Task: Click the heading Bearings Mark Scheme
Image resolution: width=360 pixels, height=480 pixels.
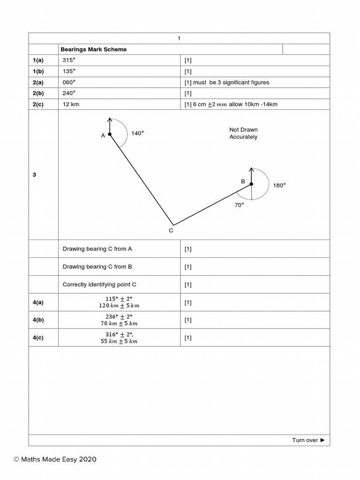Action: pyautogui.click(x=94, y=49)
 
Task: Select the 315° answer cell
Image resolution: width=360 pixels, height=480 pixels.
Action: pyautogui.click(x=69, y=60)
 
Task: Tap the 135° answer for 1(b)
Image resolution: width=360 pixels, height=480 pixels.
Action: pyautogui.click(x=69, y=71)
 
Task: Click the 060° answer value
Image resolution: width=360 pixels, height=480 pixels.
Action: pyautogui.click(x=69, y=82)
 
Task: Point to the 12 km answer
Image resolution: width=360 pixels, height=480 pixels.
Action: pyautogui.click(x=71, y=104)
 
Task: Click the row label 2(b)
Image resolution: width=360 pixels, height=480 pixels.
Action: pyautogui.click(x=38, y=93)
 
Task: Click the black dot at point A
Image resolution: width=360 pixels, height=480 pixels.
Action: pyautogui.click(x=110, y=135)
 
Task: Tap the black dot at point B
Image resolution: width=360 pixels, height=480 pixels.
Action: pyautogui.click(x=251, y=184)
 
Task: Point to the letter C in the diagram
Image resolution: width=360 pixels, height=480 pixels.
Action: pyautogui.click(x=171, y=231)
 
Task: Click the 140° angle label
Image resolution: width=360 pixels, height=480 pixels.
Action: pyautogui.click(x=137, y=133)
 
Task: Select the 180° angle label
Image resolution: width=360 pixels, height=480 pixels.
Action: pyautogui.click(x=279, y=185)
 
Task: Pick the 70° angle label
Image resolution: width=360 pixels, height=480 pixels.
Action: pyautogui.click(x=239, y=205)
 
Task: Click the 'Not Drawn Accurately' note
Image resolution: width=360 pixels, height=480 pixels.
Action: pyautogui.click(x=243, y=133)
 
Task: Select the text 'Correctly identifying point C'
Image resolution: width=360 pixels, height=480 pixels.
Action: pyautogui.click(x=99, y=285)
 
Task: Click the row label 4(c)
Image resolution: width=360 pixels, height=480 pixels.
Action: pyautogui.click(x=38, y=338)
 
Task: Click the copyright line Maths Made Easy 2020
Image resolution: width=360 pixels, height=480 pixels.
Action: pyautogui.click(x=55, y=459)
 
